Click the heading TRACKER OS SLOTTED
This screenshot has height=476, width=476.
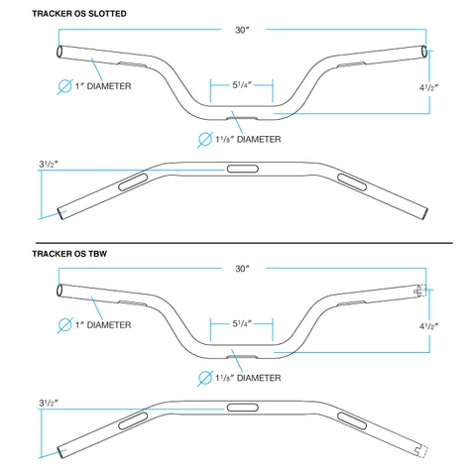click(x=79, y=14)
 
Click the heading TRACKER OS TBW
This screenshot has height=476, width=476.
click(x=69, y=254)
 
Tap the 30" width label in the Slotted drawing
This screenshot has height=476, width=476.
click(x=242, y=30)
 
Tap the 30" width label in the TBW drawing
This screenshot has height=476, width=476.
click(x=242, y=269)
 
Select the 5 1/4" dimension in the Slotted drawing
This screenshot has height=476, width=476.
click(x=242, y=85)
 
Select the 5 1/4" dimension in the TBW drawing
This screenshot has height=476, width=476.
click(x=242, y=323)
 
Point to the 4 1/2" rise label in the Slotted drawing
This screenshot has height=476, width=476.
click(x=428, y=87)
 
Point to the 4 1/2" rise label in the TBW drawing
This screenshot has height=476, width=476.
click(x=428, y=326)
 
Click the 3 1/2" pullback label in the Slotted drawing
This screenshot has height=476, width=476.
click(x=49, y=164)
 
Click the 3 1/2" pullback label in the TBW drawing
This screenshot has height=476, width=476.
click(x=49, y=403)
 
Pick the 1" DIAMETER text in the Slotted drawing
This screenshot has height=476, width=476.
click(x=103, y=86)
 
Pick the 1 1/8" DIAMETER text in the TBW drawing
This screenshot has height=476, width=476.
click(x=248, y=378)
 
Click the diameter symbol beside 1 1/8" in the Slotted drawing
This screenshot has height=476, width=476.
click(x=205, y=140)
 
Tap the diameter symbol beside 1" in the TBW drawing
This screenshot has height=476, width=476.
click(x=64, y=325)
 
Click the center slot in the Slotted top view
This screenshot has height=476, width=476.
click(x=243, y=169)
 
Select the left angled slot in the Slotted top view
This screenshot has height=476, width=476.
click(x=133, y=182)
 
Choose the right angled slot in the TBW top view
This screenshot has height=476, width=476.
click(x=352, y=420)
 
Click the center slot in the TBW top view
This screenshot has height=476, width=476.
click(x=243, y=408)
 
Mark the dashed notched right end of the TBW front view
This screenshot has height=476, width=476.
click(x=420, y=291)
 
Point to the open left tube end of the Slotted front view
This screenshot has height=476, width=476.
click(x=60, y=52)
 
